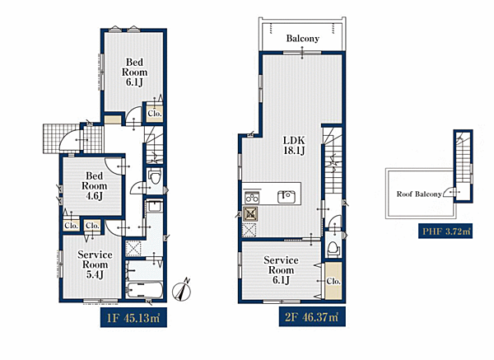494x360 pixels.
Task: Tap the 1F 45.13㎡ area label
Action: click(x=133, y=318)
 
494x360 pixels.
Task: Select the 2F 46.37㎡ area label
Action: click(x=312, y=317)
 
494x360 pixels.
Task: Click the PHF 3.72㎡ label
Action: click(x=445, y=231)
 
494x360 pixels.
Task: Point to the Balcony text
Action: click(x=302, y=39)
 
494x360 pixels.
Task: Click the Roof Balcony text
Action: click(x=419, y=194)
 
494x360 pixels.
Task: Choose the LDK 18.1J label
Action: click(x=294, y=145)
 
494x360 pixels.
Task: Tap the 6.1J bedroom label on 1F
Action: click(x=134, y=72)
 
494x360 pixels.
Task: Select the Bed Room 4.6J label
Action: click(x=94, y=185)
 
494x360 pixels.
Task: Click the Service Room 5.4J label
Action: click(x=95, y=264)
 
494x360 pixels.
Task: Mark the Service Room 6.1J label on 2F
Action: click(x=281, y=270)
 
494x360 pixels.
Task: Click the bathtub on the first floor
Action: click(x=144, y=290)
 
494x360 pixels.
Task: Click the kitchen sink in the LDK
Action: click(x=287, y=197)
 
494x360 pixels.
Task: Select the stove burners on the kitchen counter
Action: click(x=252, y=198)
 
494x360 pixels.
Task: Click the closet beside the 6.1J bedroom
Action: click(x=155, y=113)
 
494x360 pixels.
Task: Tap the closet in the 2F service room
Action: click(x=333, y=281)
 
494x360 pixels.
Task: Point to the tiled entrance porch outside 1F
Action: click(x=61, y=138)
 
